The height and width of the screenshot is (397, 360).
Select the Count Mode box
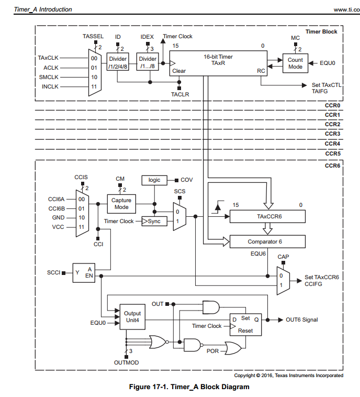coord(295,63)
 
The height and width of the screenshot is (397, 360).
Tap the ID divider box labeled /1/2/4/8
coord(118,62)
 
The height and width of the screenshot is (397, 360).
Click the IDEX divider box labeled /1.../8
coord(147,62)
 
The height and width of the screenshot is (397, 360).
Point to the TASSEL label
coord(93,36)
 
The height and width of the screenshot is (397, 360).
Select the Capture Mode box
coord(121,203)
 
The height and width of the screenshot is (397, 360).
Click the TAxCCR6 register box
coord(267,216)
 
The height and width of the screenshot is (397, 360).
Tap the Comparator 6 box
coord(267,241)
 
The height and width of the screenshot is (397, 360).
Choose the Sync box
coord(154,222)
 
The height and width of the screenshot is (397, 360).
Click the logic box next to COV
coord(154,180)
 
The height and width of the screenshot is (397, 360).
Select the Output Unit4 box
coord(132,317)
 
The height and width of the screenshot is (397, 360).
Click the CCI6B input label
coord(56,208)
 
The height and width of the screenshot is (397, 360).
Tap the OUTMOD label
coord(126,362)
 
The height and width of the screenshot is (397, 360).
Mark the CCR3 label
coord(332,134)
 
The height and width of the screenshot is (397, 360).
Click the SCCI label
coord(54,273)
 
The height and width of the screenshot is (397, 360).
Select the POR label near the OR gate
coord(212,351)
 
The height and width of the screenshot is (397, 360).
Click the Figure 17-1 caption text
coord(189,387)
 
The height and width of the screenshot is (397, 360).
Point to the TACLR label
coord(179,94)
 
